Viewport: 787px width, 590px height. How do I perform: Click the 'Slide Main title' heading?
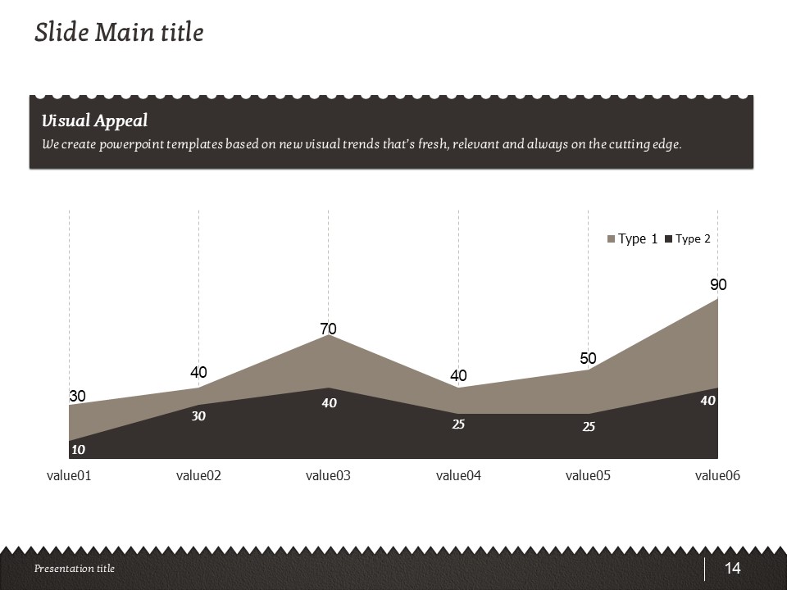pos(119,33)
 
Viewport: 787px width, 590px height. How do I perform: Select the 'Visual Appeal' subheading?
pos(94,121)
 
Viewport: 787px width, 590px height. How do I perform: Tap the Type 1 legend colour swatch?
pos(611,239)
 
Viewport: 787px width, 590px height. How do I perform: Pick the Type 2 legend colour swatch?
pos(668,239)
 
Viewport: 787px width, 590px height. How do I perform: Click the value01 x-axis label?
pos(69,475)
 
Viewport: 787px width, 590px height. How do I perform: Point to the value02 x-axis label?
pos(198,475)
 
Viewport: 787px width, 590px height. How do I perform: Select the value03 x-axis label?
pos(328,475)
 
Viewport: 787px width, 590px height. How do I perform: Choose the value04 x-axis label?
pos(458,475)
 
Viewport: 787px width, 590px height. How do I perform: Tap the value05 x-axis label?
pos(588,475)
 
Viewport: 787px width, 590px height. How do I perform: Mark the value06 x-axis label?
pos(717,475)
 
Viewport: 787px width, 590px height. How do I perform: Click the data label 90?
pos(718,285)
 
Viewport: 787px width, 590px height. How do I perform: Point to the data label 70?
pos(328,329)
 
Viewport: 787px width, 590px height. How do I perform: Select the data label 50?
pos(588,359)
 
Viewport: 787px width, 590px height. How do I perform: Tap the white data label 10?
pos(78,450)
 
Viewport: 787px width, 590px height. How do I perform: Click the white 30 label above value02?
pos(198,416)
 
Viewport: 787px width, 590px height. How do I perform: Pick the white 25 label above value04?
pos(459,424)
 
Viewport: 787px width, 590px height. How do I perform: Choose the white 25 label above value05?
pos(589,427)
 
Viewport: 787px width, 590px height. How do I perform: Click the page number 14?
pos(732,569)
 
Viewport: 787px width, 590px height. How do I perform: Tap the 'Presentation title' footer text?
pos(75,569)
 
